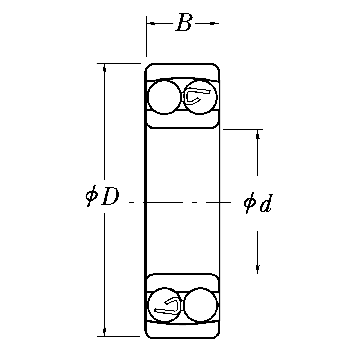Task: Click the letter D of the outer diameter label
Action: tap(111, 197)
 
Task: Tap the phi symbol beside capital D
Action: tap(91, 195)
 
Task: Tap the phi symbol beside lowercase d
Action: tap(250, 203)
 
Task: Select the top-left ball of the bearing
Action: tap(164, 97)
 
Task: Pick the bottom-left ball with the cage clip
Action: tap(165, 305)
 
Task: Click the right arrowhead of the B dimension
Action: tap(214, 23)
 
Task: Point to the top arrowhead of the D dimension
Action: tap(104, 68)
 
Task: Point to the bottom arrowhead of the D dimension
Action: tap(104, 332)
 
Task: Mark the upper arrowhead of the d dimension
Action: tap(258, 134)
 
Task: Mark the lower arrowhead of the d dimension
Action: tap(258, 270)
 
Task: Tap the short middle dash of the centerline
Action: tap(195, 202)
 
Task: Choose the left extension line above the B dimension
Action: tap(147, 36)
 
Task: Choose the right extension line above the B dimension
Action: tap(219, 36)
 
